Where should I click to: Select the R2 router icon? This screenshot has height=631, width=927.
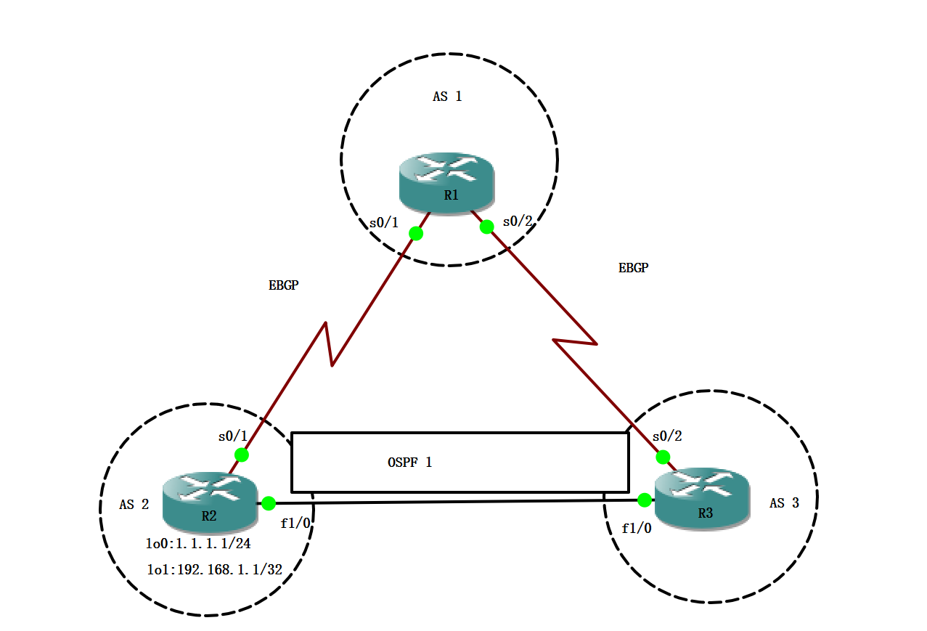pyautogui.click(x=210, y=500)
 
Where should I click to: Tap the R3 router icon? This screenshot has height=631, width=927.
pyautogui.click(x=701, y=497)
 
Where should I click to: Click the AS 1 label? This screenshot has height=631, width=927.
pyautogui.click(x=447, y=96)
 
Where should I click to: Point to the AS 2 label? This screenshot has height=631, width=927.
pyautogui.click(x=134, y=505)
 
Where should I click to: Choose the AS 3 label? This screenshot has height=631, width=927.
pyautogui.click(x=784, y=503)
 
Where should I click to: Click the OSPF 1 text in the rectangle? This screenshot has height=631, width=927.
pyautogui.click(x=410, y=462)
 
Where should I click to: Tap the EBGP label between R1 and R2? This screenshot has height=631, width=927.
pyautogui.click(x=283, y=286)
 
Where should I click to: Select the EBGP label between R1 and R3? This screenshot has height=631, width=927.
pyautogui.click(x=633, y=268)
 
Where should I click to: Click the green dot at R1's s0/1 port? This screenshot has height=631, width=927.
pyautogui.click(x=416, y=233)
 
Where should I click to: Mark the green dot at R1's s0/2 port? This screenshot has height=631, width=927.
pyautogui.click(x=487, y=227)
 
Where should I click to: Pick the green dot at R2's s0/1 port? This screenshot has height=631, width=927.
pyautogui.click(x=242, y=455)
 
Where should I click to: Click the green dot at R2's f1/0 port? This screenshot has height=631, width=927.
pyautogui.click(x=269, y=502)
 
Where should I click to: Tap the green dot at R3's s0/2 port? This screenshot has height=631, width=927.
pyautogui.click(x=663, y=457)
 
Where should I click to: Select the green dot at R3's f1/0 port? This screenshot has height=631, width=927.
pyautogui.click(x=644, y=500)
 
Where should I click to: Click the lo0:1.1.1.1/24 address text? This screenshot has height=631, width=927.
pyautogui.click(x=198, y=544)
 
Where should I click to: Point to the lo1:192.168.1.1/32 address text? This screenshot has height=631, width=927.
pyautogui.click(x=214, y=570)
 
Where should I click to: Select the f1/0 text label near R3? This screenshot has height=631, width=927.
pyautogui.click(x=637, y=529)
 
